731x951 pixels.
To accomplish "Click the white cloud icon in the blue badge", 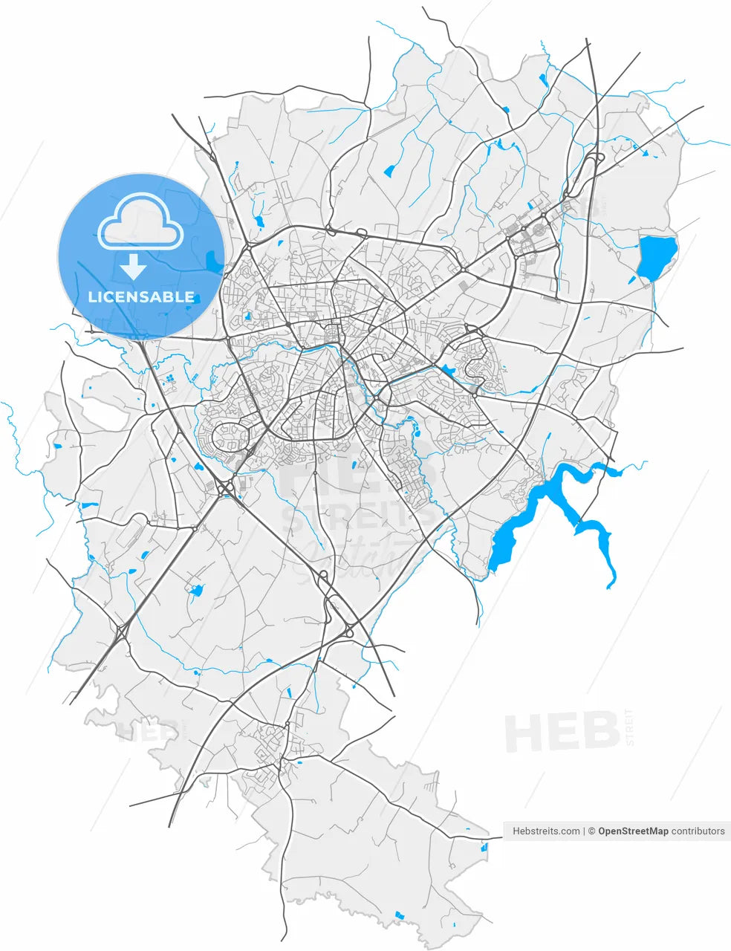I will (140, 220).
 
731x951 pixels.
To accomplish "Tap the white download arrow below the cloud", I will (133, 266).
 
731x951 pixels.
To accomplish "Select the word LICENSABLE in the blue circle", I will (141, 297).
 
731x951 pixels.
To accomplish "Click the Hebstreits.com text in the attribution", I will (546, 831).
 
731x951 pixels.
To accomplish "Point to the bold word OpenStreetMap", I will (633, 831).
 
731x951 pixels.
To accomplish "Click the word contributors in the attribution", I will (698, 831).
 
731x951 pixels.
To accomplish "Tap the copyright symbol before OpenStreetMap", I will (592, 831).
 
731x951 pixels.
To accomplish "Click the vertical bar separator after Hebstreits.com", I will (585, 831).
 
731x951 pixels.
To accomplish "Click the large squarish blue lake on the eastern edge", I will (657, 257).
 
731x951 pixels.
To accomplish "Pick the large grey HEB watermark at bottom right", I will (562, 731).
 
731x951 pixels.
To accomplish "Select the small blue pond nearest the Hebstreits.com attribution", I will (484, 846).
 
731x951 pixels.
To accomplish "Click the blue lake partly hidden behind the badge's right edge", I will (215, 262).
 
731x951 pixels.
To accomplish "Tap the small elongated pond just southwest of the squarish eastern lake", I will (632, 280).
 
